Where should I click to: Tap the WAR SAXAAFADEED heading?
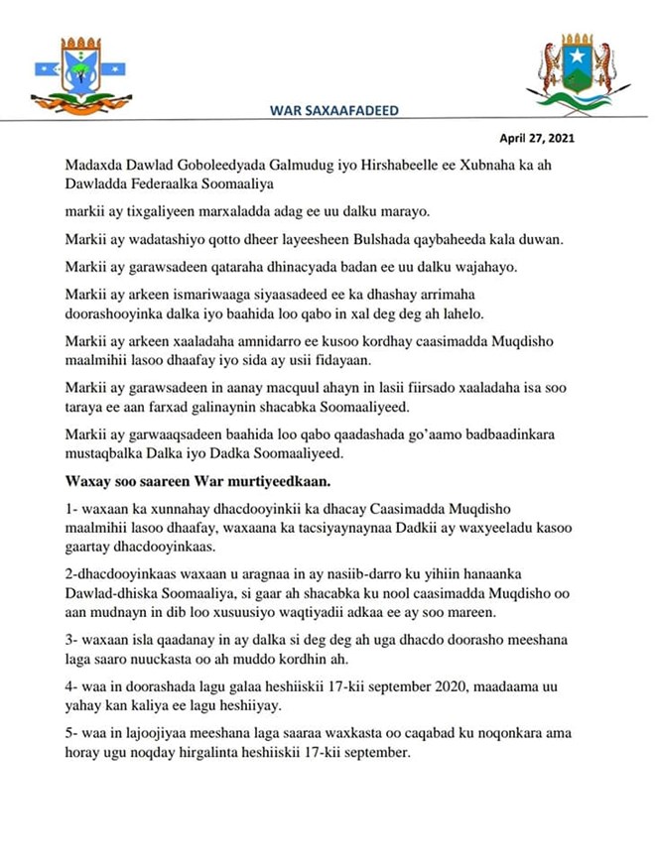(334, 110)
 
